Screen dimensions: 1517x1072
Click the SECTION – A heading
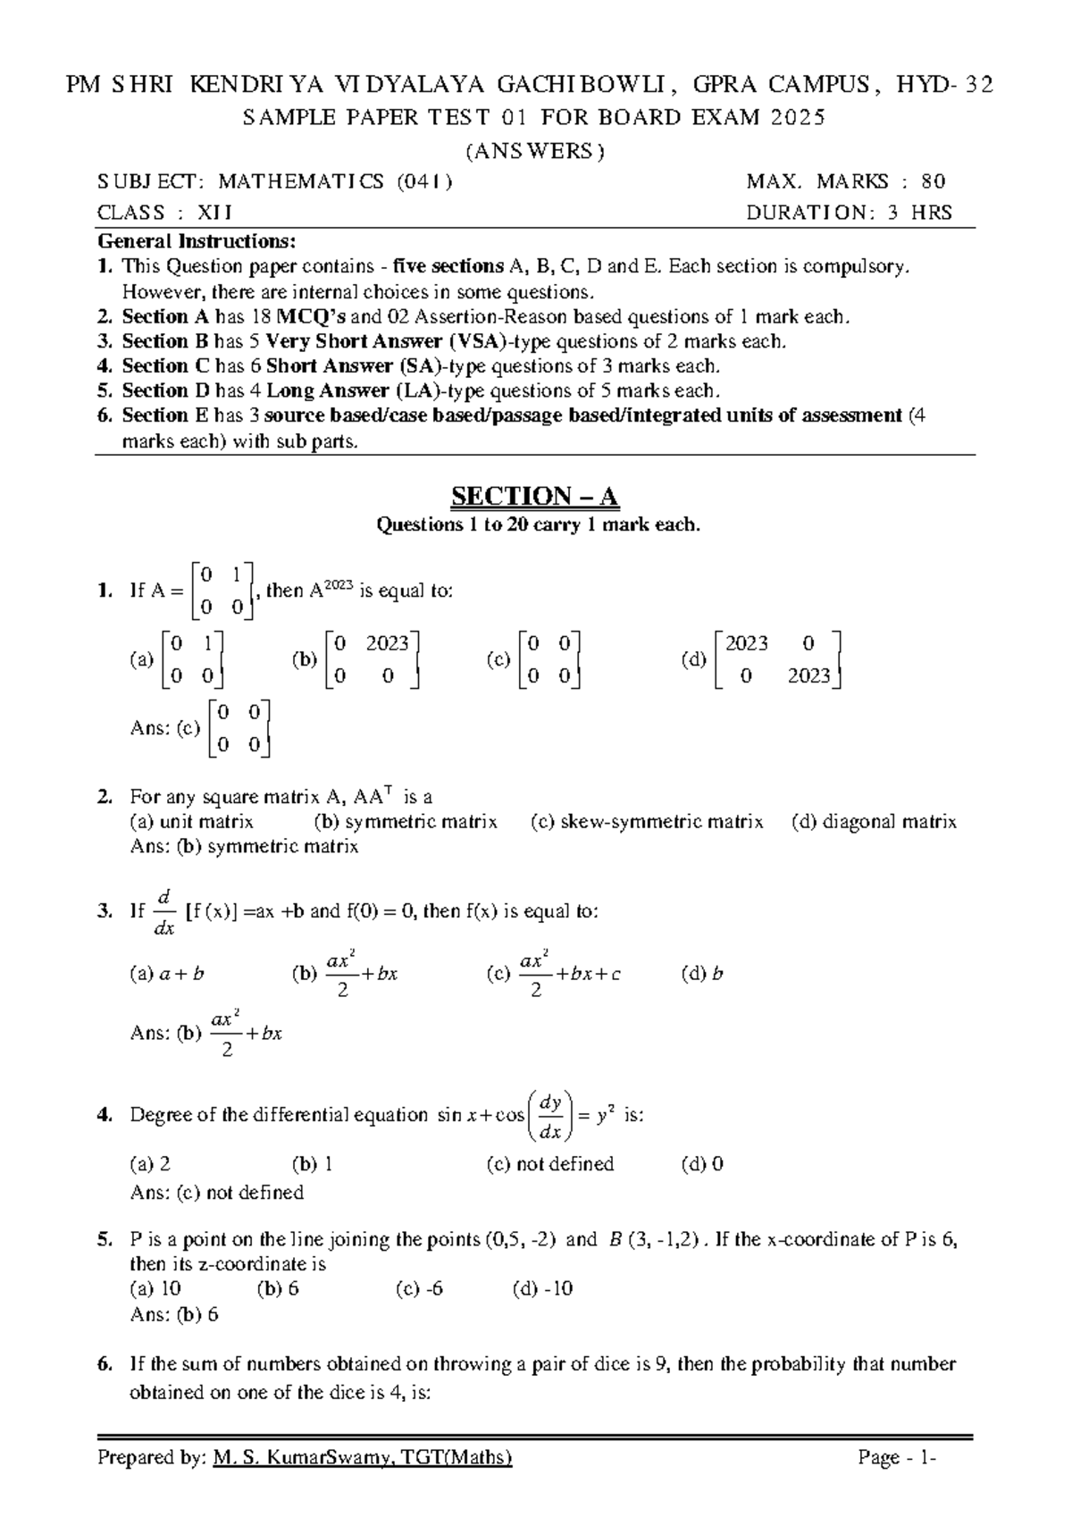[x=535, y=496]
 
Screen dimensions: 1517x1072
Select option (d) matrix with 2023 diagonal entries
[x=777, y=659]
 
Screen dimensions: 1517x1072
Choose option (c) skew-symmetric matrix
[x=647, y=821]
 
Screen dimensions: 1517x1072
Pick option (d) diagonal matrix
[x=874, y=821]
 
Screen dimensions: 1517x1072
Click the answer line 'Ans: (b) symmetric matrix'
[x=244, y=846]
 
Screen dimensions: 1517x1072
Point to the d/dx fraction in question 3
[x=163, y=912]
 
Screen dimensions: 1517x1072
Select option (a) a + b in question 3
[x=167, y=974]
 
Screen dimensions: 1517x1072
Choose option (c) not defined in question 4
[x=550, y=1163]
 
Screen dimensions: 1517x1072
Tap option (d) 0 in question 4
[x=702, y=1163]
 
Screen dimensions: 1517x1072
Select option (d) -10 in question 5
[x=542, y=1288]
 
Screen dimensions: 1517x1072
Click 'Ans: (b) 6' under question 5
[x=174, y=1314]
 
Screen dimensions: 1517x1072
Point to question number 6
[x=105, y=1364]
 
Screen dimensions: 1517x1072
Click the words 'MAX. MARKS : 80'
[x=845, y=181]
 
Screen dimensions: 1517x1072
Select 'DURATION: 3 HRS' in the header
[x=849, y=213]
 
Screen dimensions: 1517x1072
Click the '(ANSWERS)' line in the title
[x=535, y=151]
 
